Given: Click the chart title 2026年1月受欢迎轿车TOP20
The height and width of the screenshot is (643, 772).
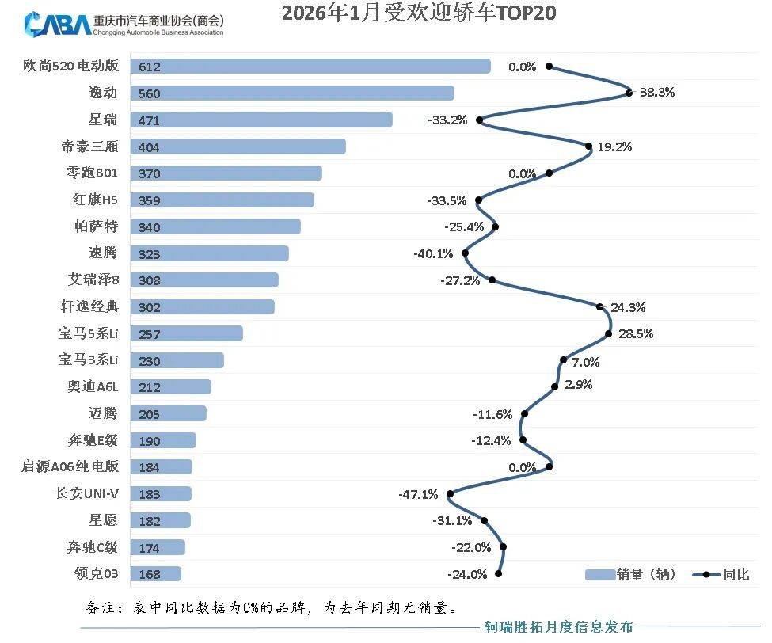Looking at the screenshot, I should (419, 13).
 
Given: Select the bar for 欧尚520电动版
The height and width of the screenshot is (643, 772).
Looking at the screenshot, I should (310, 67).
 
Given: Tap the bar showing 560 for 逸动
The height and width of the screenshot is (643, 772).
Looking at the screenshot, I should (292, 93).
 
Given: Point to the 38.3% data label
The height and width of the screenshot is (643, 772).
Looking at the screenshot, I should (657, 92).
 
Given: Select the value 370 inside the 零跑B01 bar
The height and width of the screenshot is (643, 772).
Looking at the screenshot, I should (149, 174).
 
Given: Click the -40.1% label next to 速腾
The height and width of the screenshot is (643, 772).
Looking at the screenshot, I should (433, 254).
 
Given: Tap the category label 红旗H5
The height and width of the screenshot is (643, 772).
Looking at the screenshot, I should (94, 200).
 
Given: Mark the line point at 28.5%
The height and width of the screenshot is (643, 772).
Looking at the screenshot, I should (609, 333).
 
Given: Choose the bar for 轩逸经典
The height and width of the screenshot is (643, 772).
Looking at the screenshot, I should (202, 307).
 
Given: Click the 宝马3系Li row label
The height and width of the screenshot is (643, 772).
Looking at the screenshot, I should (88, 360).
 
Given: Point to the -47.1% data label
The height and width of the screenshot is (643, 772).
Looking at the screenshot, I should (418, 494).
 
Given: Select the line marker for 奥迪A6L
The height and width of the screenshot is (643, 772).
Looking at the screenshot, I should (555, 387).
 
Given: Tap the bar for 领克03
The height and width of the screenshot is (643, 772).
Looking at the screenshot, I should (155, 574).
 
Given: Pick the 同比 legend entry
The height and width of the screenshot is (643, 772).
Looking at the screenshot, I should (721, 575).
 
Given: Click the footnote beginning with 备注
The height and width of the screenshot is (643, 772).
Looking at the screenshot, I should (270, 608).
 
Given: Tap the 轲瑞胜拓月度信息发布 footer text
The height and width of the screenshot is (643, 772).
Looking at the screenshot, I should (559, 628).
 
